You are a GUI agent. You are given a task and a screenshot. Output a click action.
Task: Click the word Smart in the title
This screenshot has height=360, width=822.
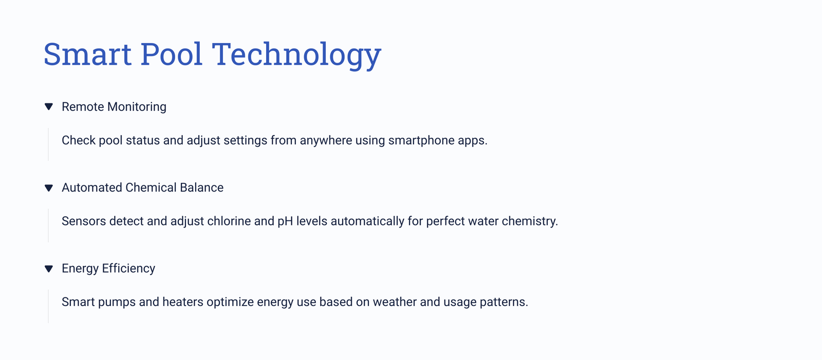87,54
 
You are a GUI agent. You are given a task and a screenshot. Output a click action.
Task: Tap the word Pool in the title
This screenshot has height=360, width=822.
172,54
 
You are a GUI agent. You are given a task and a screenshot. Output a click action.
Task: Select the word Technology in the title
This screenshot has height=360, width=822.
296,55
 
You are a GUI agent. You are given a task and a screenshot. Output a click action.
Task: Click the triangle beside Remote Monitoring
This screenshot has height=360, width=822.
48,107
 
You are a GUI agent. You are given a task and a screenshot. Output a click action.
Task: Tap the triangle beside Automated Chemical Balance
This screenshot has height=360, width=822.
48,188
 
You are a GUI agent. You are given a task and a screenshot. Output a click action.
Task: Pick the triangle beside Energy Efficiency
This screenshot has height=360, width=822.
48,269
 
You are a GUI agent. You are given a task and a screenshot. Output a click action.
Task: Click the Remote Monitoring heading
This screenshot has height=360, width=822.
114,107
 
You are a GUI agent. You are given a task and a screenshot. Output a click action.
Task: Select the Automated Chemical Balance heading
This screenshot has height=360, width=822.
142,187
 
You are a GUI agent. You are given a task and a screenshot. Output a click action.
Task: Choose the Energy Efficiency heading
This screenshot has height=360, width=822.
108,269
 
